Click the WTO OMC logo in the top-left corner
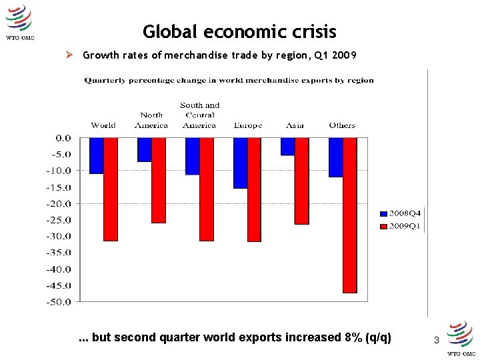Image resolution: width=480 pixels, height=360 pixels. [x=19, y=23]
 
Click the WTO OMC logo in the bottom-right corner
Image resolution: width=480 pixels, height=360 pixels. [x=461, y=339]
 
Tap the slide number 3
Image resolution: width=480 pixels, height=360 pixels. [x=437, y=341]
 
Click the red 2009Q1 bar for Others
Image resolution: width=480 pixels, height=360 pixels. [x=350, y=215]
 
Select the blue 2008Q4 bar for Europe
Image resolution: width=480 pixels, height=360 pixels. [x=240, y=163]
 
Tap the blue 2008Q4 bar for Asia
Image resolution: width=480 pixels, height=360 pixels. [x=287, y=147]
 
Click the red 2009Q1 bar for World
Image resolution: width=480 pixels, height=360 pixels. [x=111, y=189]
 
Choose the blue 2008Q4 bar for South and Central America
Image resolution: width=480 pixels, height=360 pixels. [x=192, y=156]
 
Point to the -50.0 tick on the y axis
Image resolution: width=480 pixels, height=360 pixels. [x=58, y=302]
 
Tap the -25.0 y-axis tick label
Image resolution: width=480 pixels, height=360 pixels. [x=58, y=220]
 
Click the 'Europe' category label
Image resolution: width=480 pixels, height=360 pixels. [x=247, y=125]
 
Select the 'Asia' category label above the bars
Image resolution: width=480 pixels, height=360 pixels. [x=295, y=125]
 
